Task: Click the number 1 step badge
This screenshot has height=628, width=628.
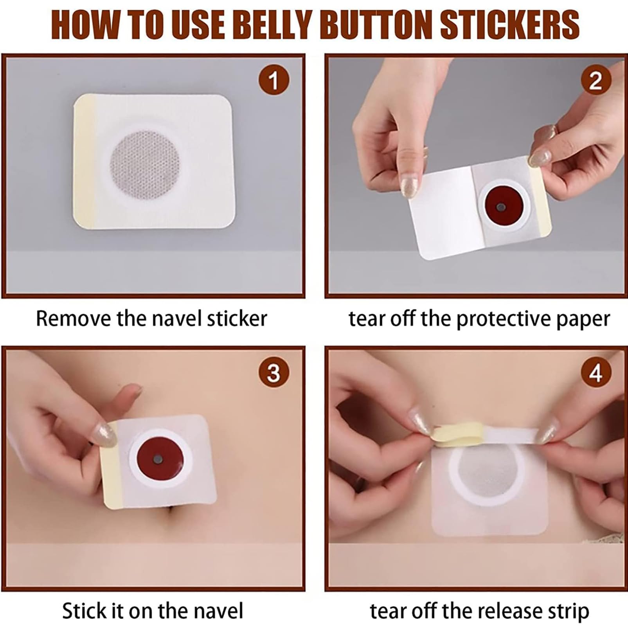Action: coord(274,80)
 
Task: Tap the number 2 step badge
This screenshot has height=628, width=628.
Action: coord(596,80)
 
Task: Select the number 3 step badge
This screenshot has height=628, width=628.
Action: coord(274,372)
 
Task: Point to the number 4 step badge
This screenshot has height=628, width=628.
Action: coord(596,372)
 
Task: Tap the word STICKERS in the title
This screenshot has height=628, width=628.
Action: coord(509,25)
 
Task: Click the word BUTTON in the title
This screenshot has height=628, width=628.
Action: coord(378,25)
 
